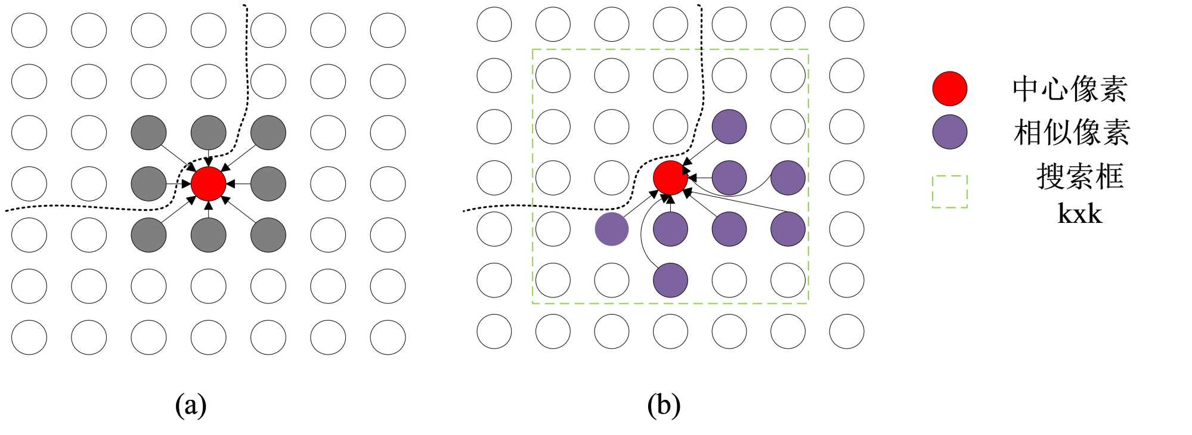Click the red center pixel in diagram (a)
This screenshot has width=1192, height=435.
[x=208, y=184]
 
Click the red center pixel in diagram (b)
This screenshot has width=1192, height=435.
[x=670, y=178]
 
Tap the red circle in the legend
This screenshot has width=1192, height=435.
[x=949, y=89]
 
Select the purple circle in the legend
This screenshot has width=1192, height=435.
[x=949, y=132]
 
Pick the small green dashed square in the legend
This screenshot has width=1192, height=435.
[x=949, y=191]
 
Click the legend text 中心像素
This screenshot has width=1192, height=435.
[x=1070, y=89]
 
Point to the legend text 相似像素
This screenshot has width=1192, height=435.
[x=1072, y=132]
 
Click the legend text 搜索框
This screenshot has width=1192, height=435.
[x=1080, y=176]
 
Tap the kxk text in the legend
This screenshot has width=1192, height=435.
[x=1079, y=213]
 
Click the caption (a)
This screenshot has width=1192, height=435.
[x=191, y=405]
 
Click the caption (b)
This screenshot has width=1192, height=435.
[x=664, y=405]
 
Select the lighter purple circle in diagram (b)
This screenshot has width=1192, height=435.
[x=612, y=229]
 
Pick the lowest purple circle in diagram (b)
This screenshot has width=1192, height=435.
[x=670, y=280]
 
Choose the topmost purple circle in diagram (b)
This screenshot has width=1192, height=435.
[x=729, y=126]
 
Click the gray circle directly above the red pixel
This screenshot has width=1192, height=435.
[x=208, y=132]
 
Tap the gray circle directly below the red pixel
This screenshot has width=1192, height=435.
[x=208, y=235]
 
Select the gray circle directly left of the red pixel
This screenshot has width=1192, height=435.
[x=148, y=184]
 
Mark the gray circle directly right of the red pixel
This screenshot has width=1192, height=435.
[x=268, y=184]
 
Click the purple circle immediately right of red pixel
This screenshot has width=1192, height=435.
[x=729, y=178]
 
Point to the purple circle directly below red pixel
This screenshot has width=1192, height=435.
[x=670, y=229]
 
